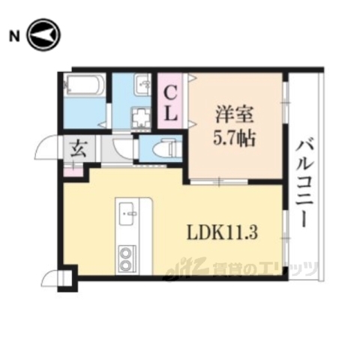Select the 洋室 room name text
click(233, 117)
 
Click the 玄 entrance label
click(79, 147)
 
